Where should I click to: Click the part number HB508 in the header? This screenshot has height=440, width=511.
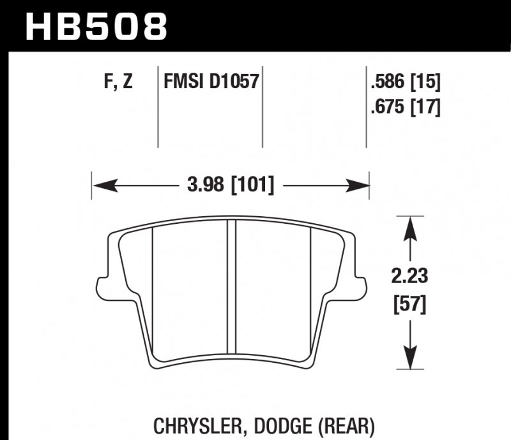pos(96,26)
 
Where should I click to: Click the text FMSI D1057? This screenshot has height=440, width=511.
pos(210,82)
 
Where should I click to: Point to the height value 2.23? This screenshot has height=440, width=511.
pos(409,277)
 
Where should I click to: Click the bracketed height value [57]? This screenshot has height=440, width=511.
pos(409,304)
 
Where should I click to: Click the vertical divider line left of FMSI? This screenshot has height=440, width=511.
pos(158,105)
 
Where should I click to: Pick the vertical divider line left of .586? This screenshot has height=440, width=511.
pos(367,105)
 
